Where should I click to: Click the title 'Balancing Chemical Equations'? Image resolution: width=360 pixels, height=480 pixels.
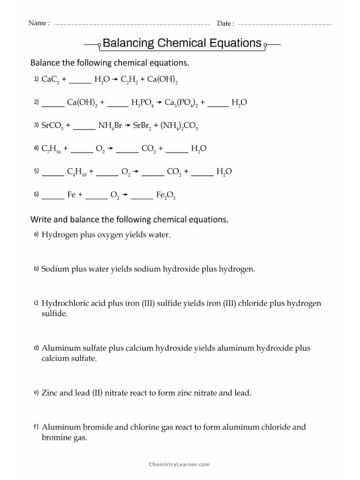pyautogui.click(x=181, y=44)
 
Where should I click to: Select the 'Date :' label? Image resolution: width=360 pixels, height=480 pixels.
pyautogui.click(x=225, y=23)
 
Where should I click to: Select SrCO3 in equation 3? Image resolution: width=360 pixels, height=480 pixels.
pyautogui.click(x=52, y=126)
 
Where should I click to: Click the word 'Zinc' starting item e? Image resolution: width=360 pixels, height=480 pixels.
pyautogui.click(x=50, y=393)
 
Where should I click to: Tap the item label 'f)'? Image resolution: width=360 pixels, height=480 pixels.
pyautogui.click(x=36, y=427)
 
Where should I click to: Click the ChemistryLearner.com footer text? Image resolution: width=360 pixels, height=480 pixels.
pyautogui.click(x=179, y=464)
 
